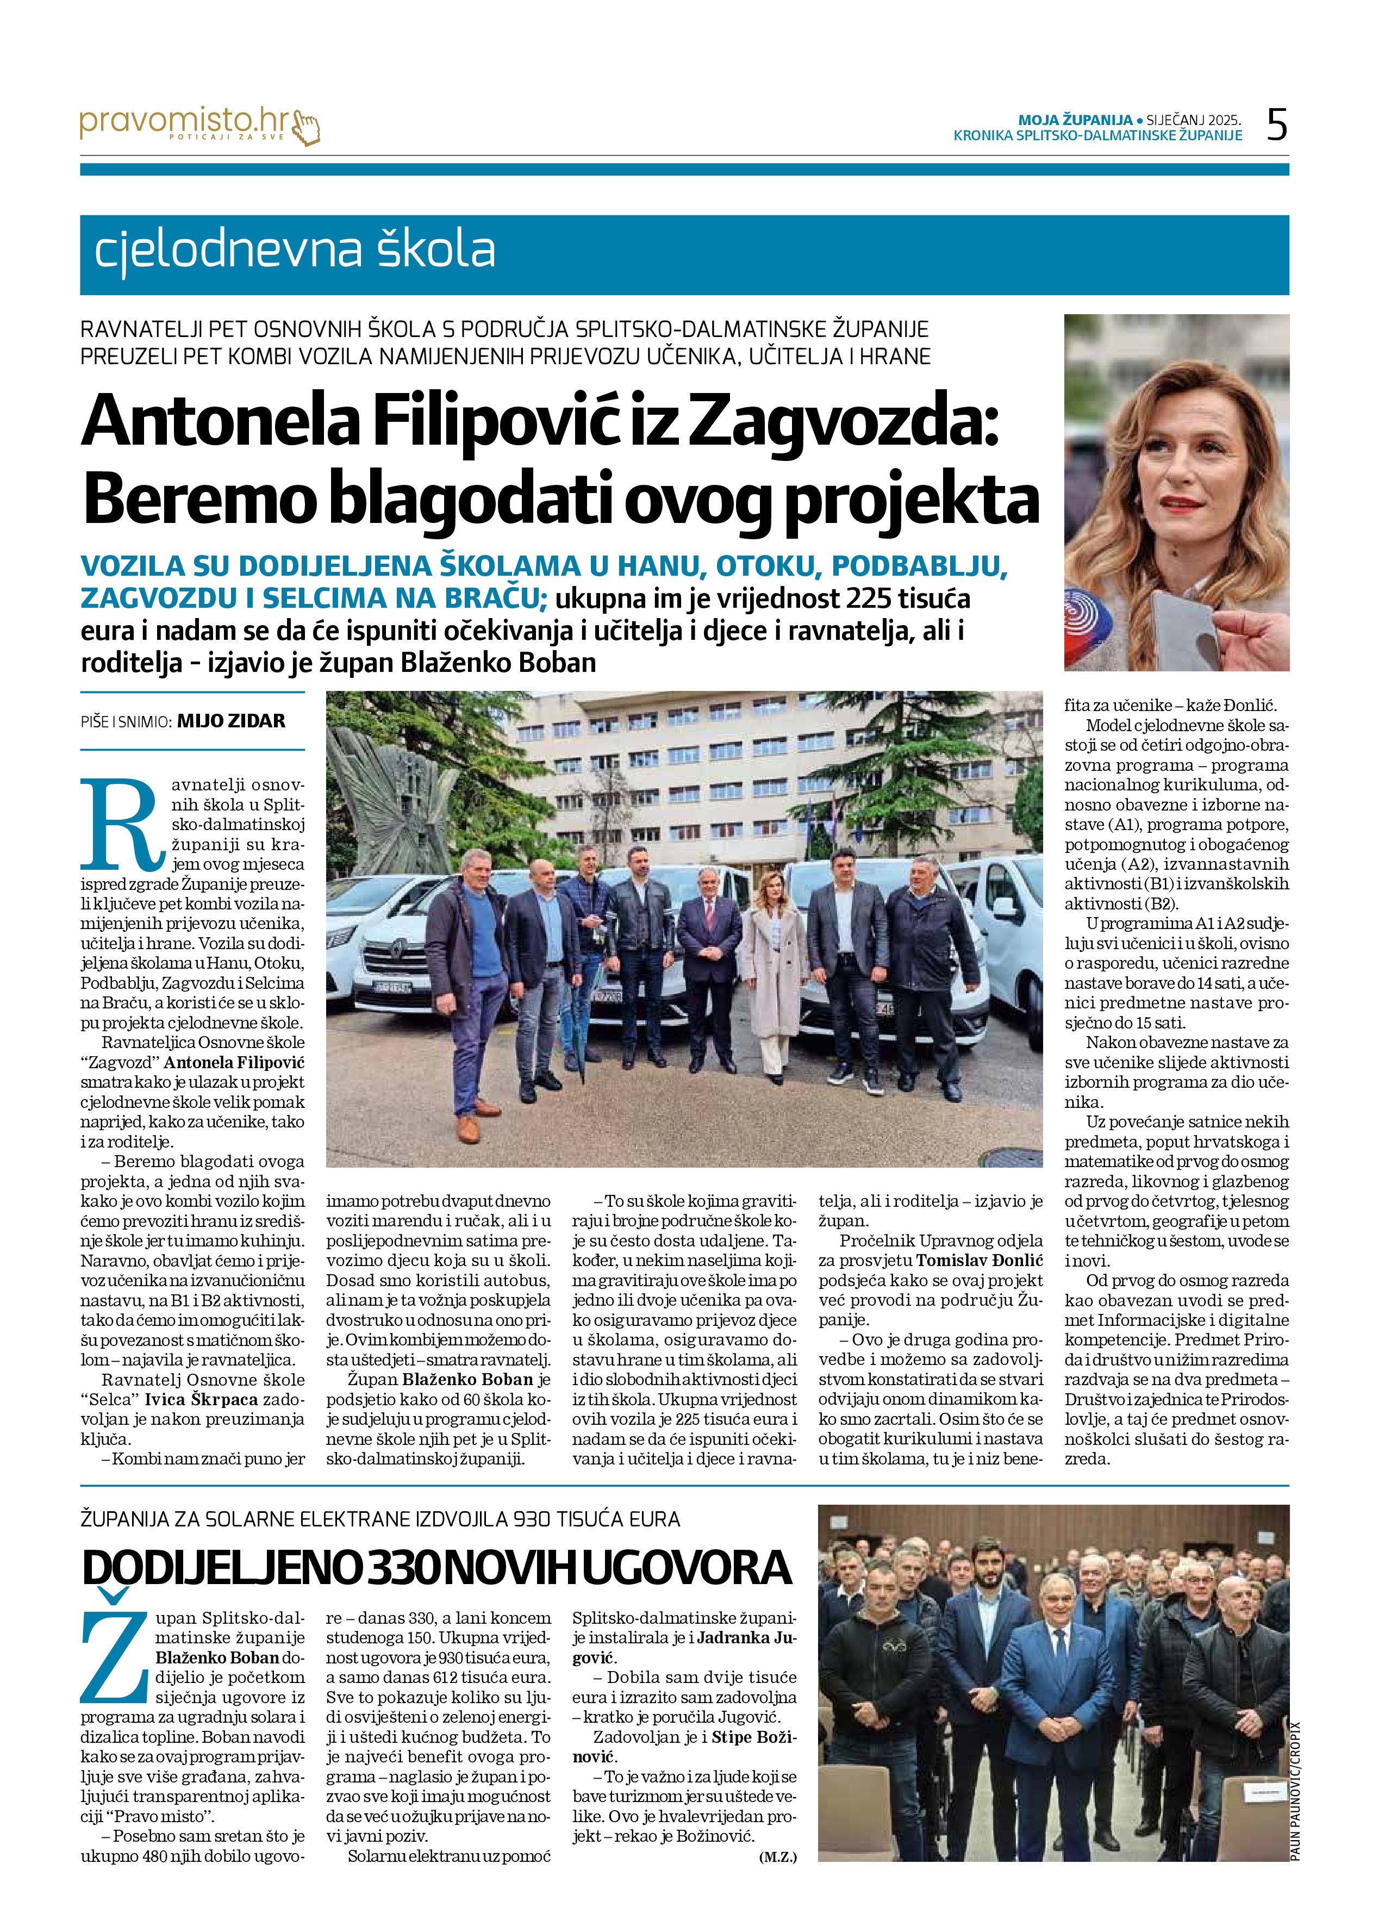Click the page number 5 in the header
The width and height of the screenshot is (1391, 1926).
pyautogui.click(x=1276, y=126)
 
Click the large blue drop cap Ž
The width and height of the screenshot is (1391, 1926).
pyautogui.click(x=115, y=1654)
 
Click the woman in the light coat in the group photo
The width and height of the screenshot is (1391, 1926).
pyautogui.click(x=773, y=968)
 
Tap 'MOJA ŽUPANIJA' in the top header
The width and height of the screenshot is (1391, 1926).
pyautogui.click(x=1075, y=120)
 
